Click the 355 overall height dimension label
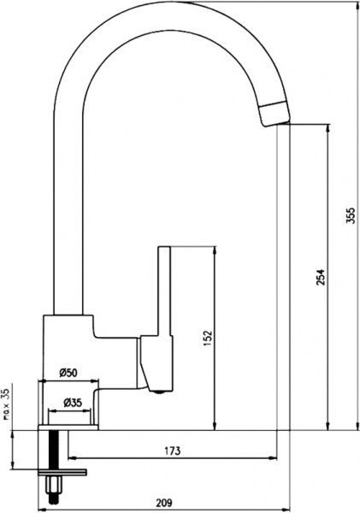351,215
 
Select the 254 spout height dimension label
322,277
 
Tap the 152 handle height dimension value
208,339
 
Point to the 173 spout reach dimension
173,451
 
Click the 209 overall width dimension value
163,502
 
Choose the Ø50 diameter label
68,373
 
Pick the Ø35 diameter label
73,402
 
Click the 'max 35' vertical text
6,404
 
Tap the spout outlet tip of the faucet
276,124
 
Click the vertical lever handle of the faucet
164,292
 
